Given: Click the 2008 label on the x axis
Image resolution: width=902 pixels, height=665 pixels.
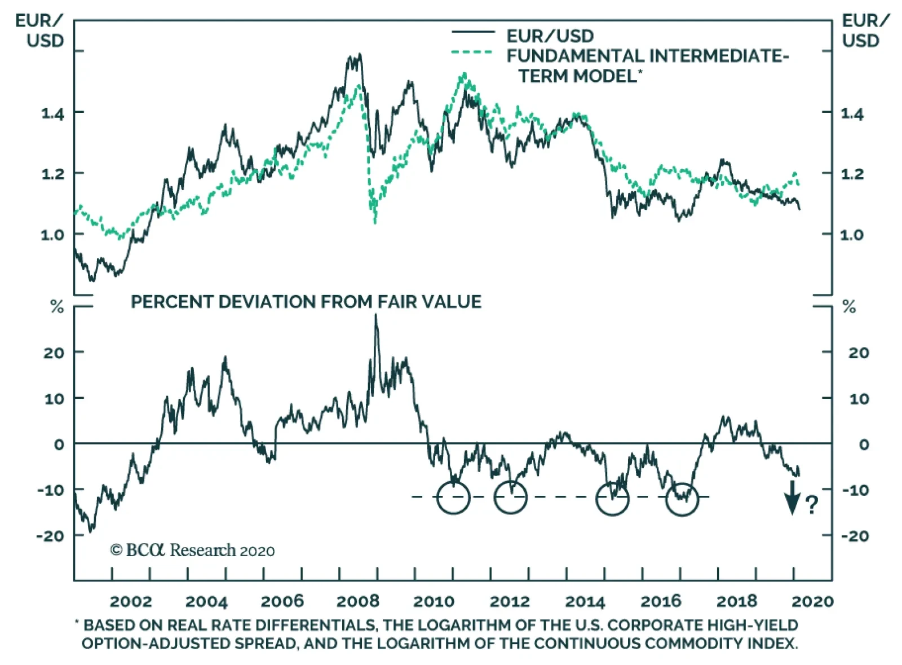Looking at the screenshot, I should click(357, 601).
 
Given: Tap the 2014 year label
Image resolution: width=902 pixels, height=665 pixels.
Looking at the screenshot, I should click(585, 601).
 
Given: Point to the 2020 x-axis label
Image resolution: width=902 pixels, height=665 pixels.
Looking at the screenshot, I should click(812, 601).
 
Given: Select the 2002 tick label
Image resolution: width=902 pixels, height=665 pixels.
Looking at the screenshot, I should click(131, 601).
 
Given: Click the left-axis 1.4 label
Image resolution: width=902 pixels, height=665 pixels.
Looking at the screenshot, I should click(54, 113).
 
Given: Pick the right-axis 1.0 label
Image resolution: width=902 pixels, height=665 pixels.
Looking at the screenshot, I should click(852, 235).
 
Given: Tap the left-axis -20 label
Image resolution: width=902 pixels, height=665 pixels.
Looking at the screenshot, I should click(50, 536).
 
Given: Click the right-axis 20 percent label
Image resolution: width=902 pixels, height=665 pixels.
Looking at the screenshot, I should click(859, 353).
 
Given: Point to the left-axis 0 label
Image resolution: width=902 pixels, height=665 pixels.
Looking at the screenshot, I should click(59, 444).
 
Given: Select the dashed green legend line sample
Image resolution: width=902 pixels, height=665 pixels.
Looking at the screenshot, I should click(472, 52).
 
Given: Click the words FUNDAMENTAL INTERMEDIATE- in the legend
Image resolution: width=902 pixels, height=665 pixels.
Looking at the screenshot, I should click(647, 56).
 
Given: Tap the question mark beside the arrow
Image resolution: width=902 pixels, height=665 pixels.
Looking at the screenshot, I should click(811, 504).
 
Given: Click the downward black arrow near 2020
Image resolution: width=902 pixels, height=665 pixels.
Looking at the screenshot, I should click(793, 498).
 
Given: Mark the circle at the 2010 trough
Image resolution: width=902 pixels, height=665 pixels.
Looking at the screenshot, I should click(453, 497).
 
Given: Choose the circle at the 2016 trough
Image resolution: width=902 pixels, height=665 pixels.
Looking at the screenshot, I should click(682, 499).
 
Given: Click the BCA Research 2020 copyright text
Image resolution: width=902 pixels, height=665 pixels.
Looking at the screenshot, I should click(192, 551).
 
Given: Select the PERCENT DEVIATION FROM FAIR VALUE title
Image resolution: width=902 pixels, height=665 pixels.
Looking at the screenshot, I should click(306, 302).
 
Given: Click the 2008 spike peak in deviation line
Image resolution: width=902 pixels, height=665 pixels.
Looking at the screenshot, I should click(376, 316).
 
